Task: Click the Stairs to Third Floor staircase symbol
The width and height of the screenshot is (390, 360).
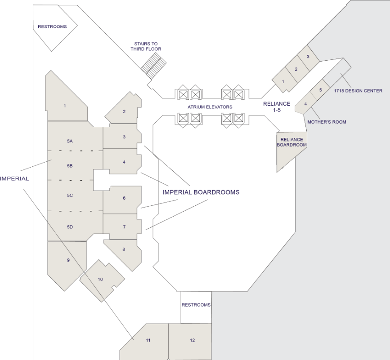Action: pos(154,66)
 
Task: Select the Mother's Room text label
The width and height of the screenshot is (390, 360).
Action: pos(327,122)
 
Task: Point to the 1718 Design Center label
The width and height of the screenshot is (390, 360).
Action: pos(358,91)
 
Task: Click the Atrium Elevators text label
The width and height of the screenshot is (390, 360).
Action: pos(210,107)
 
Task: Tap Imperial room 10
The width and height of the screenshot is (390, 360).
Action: pos(102,281)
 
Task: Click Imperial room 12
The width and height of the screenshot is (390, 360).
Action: pos(190,342)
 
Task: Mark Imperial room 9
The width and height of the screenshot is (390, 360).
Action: pos(67,263)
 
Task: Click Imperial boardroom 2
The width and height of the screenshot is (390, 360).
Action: pos(124,109)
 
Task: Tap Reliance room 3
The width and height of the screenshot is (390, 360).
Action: pos(308,57)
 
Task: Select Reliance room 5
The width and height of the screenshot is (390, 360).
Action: pos(320,90)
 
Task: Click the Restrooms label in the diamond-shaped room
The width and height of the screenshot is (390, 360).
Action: pos(52,27)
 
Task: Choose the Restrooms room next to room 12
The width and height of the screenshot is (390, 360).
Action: pos(196,307)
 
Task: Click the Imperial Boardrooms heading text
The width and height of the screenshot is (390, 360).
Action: pos(201,192)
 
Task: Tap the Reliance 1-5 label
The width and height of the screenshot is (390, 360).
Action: pos(277,107)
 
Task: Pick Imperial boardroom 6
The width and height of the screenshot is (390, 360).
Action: pos(122,200)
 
